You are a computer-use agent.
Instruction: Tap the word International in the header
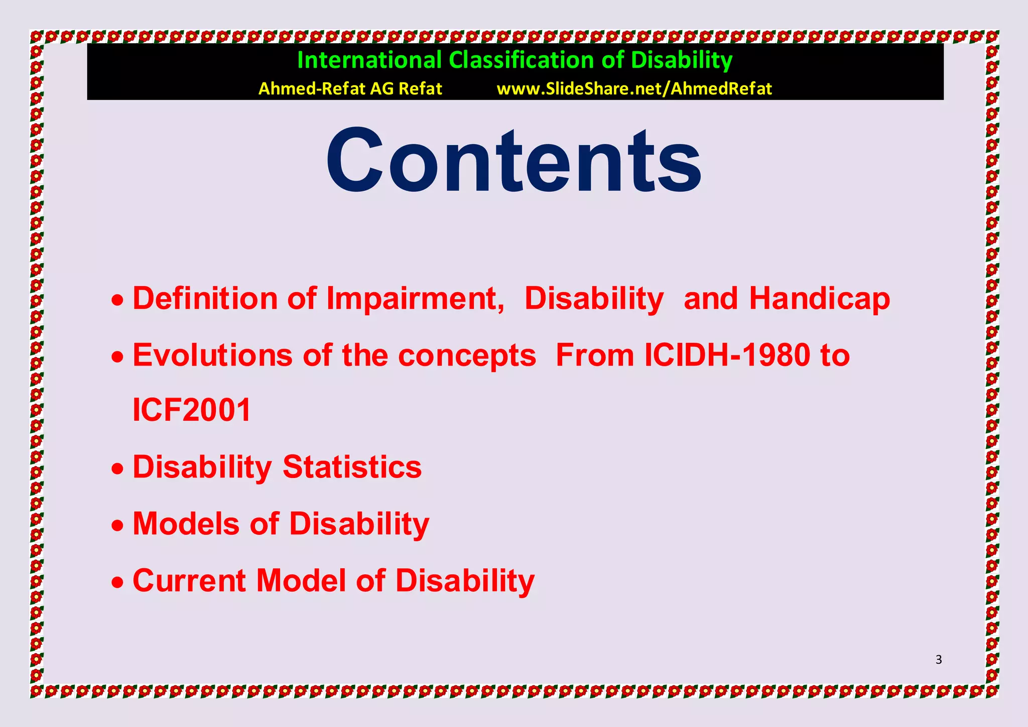click(x=369, y=60)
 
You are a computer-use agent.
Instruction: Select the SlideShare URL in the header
click(x=634, y=89)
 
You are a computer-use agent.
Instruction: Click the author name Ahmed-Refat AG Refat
click(x=350, y=89)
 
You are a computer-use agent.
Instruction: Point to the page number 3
click(x=939, y=660)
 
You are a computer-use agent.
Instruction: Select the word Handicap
click(x=819, y=299)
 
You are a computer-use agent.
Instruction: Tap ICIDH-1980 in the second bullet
click(x=727, y=355)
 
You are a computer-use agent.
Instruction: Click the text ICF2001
click(x=192, y=410)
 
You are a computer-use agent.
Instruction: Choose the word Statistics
click(x=352, y=467)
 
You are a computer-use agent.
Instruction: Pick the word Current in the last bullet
click(x=189, y=581)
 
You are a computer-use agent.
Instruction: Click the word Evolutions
click(x=212, y=355)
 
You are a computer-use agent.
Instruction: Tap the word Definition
click(x=204, y=299)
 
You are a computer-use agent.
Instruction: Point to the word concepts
click(x=467, y=355)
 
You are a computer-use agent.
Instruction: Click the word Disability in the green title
click(x=681, y=60)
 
